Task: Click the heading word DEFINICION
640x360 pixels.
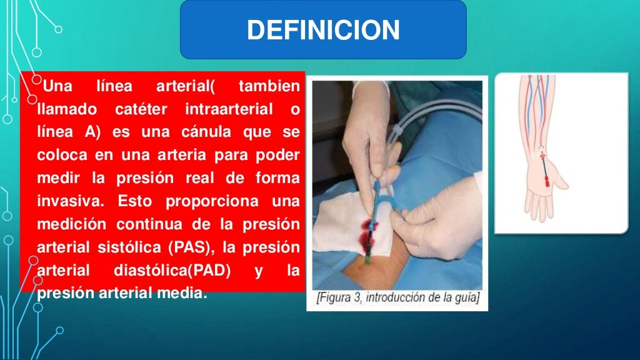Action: tap(323, 31)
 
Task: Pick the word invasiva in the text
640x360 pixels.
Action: tap(65, 201)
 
